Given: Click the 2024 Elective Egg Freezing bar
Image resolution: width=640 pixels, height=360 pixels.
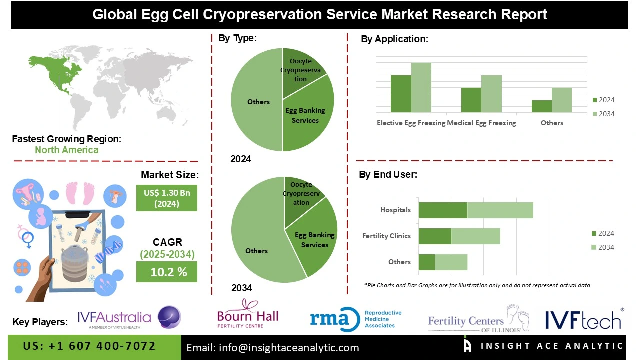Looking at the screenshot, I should tap(401, 94).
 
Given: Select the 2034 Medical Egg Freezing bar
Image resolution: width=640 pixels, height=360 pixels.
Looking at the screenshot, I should tap(491, 94).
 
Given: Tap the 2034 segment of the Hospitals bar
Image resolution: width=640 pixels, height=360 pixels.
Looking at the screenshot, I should tap(500, 210).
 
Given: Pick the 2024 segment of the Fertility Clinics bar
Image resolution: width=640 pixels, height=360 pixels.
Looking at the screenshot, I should tap(435, 236).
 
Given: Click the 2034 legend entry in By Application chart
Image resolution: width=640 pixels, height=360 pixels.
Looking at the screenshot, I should tap(603, 114).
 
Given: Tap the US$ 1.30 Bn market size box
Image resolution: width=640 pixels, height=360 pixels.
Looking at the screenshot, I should tap(167, 198).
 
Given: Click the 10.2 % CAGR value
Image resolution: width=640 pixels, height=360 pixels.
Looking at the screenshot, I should tap(167, 272).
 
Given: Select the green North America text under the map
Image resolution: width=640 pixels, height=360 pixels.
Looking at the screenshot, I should tap(66, 150).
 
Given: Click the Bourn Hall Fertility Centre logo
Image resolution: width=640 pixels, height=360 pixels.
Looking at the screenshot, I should tap(247, 315).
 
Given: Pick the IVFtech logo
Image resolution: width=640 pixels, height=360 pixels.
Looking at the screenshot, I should tap(583, 319).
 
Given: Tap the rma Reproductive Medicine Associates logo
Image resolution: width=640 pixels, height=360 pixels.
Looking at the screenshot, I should tap(355, 319).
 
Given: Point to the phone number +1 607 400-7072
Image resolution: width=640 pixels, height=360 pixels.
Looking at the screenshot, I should tap(90, 346).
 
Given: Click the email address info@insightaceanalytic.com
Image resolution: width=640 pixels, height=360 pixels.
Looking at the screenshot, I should tap(273, 348).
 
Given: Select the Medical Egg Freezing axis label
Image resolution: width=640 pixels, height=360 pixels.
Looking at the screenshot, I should tap(482, 123).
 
